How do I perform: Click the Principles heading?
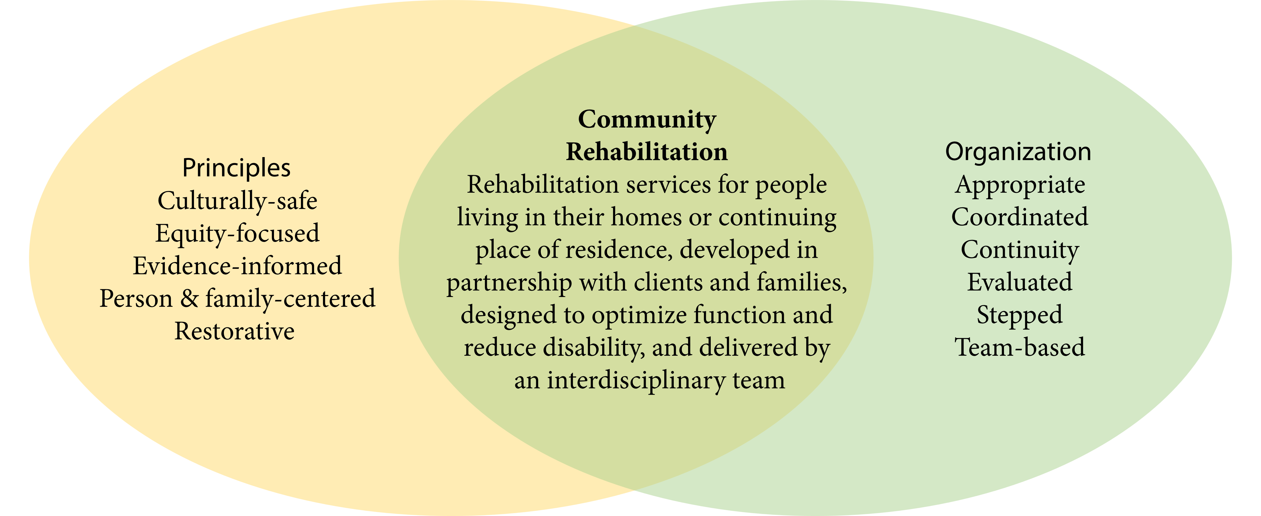pos(236,168)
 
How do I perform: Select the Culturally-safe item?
pos(237,201)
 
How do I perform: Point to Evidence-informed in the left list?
pos(237,266)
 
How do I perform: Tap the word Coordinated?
pos(1020,217)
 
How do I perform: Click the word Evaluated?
pos(1020,282)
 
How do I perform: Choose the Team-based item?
pos(1020,347)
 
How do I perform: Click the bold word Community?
pos(647,120)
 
